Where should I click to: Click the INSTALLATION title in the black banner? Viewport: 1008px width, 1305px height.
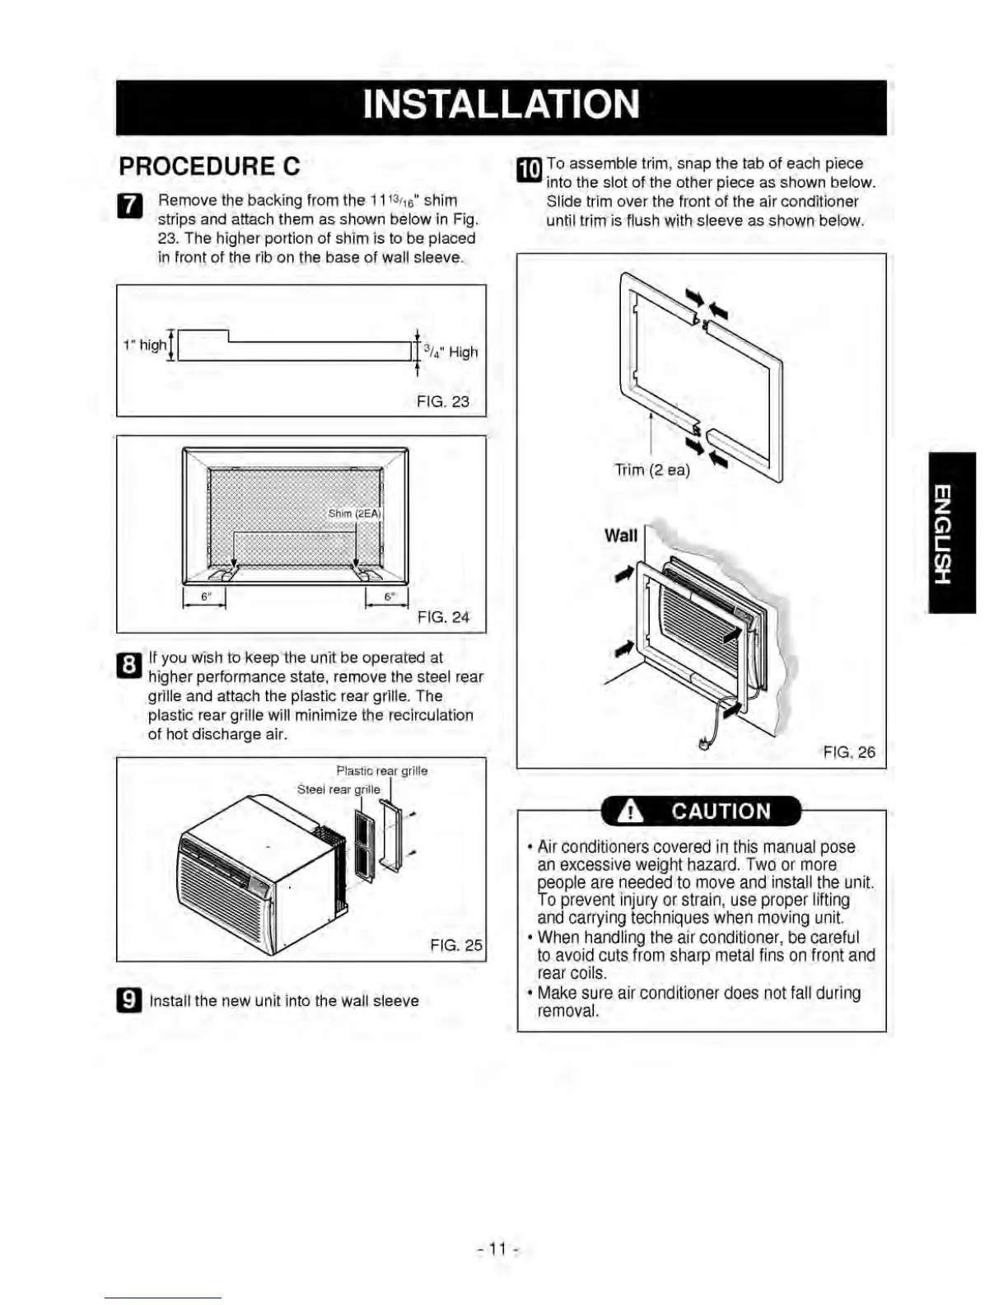[501, 105]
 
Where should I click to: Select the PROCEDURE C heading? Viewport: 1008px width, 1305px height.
[209, 166]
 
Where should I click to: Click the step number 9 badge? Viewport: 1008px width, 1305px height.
[129, 1000]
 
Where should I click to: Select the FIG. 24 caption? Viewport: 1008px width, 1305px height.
[443, 617]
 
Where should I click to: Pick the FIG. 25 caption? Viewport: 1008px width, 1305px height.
[456, 945]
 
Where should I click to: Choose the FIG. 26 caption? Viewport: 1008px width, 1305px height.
[849, 752]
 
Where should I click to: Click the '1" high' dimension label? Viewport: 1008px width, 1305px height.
[143, 345]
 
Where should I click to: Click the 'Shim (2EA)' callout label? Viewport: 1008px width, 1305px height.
[354, 513]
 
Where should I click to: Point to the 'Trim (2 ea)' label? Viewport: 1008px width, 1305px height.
[652, 470]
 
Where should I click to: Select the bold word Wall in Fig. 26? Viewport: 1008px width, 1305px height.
[621, 536]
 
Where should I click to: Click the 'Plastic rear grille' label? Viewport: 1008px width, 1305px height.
[382, 771]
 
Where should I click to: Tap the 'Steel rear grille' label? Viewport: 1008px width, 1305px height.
[338, 789]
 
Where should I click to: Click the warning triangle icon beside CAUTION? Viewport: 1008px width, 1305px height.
[631, 812]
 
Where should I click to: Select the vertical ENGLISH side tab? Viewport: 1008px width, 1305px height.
[951, 532]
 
